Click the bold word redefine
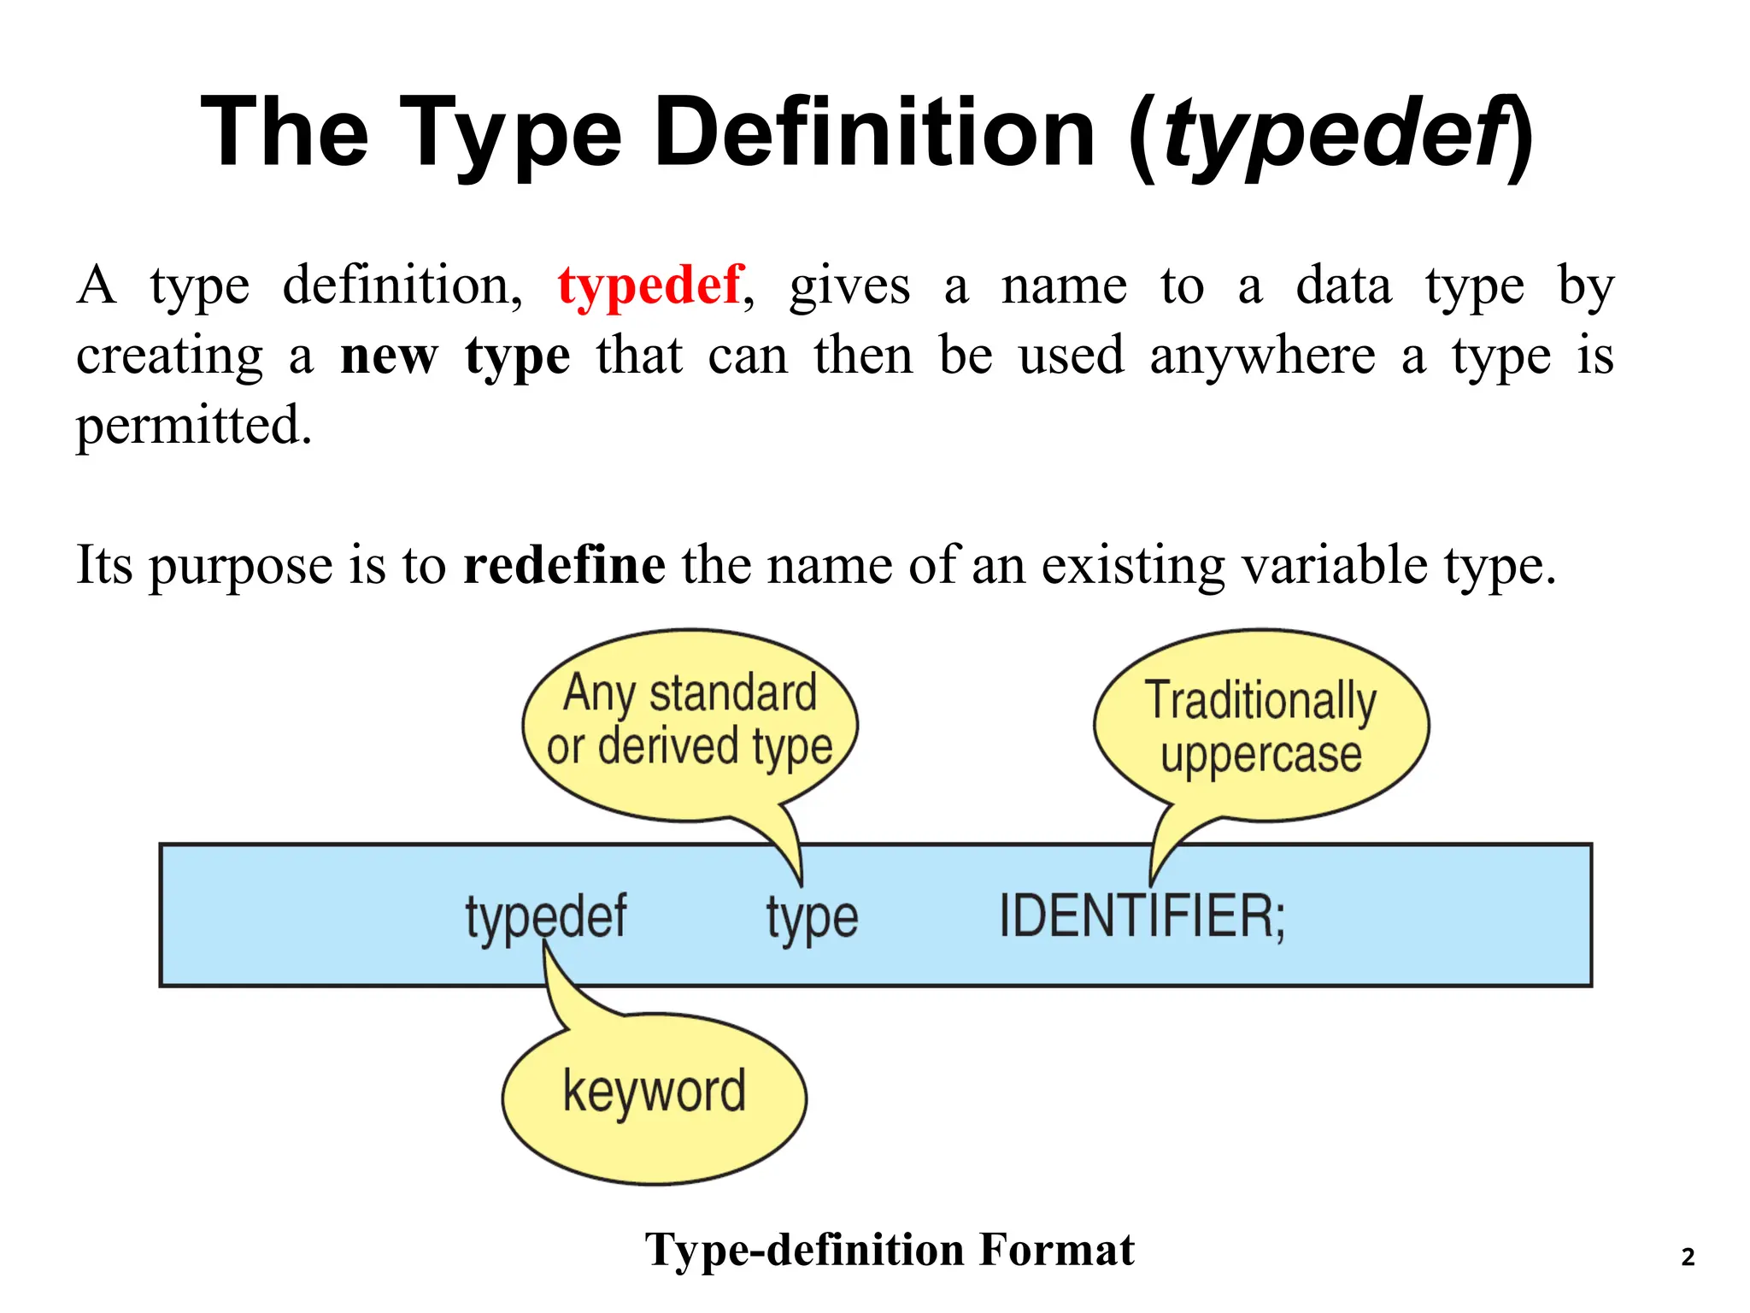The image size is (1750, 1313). coord(564,565)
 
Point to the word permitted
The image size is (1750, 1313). coord(194,426)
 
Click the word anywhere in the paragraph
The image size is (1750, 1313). coord(1262,356)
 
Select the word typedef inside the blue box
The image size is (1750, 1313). coord(546,916)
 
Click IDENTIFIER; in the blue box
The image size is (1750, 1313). coord(1142,916)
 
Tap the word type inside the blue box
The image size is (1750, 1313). coord(812,918)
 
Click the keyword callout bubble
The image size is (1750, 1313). coord(655,1098)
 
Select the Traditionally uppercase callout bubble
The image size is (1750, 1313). coord(1261,727)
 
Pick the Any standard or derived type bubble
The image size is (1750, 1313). coord(690,722)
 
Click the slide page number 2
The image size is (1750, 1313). coord(1688,1257)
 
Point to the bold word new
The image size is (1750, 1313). coord(389,356)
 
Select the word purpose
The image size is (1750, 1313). coord(240,567)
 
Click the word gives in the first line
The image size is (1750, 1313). coord(849,286)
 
